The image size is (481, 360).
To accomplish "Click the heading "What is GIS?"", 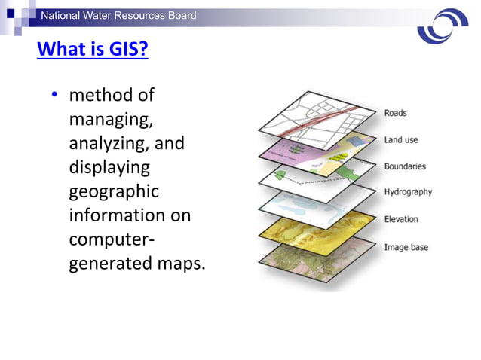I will pos(92,50).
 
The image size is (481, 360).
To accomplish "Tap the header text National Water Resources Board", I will pos(118,15).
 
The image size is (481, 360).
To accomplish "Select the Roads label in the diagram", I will pos(395,113).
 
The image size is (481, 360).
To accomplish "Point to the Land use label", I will pos(400,140).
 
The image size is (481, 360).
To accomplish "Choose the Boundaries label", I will pos(405,166).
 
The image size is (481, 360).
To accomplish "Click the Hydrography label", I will pos(408,192).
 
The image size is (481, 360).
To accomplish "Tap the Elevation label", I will pos(401,219).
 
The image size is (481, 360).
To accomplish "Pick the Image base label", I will pos(405,246).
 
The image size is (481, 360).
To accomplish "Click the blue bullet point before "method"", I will pos(55,96).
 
